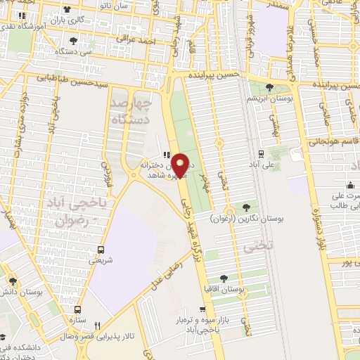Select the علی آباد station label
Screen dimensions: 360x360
(261, 165)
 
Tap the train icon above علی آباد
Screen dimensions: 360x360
(261, 153)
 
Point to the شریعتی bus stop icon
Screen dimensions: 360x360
(103, 249)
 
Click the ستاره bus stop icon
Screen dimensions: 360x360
(78, 309)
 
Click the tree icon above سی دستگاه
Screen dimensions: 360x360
(74, 41)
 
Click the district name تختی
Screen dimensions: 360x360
(252, 247)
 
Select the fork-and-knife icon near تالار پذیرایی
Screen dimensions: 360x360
(97, 325)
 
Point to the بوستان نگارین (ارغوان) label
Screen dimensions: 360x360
(245, 219)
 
